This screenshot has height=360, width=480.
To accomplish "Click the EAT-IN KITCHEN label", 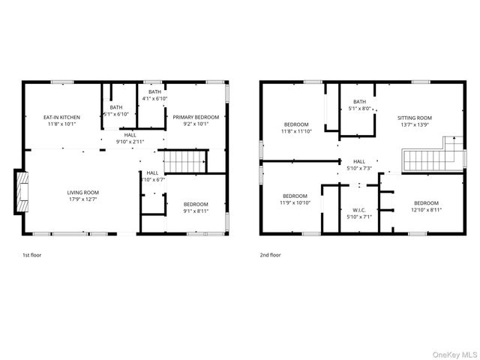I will click(61, 117).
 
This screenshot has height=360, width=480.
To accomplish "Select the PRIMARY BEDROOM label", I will click(196, 117).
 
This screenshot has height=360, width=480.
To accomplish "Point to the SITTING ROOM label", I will click(415, 117).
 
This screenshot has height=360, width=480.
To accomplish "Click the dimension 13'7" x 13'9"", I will click(415, 124).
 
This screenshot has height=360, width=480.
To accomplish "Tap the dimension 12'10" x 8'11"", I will click(426, 210).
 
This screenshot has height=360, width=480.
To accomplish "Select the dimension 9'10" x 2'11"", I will click(130, 141).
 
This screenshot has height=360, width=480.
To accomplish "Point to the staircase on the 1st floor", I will click(184, 161).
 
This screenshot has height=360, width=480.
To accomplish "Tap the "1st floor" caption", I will click(32, 255).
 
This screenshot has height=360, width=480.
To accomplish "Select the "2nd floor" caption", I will click(271, 255).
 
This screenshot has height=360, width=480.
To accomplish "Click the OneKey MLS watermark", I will click(452, 354).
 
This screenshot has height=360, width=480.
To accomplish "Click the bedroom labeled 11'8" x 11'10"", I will click(297, 127).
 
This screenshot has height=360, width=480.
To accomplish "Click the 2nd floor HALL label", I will click(359, 161).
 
